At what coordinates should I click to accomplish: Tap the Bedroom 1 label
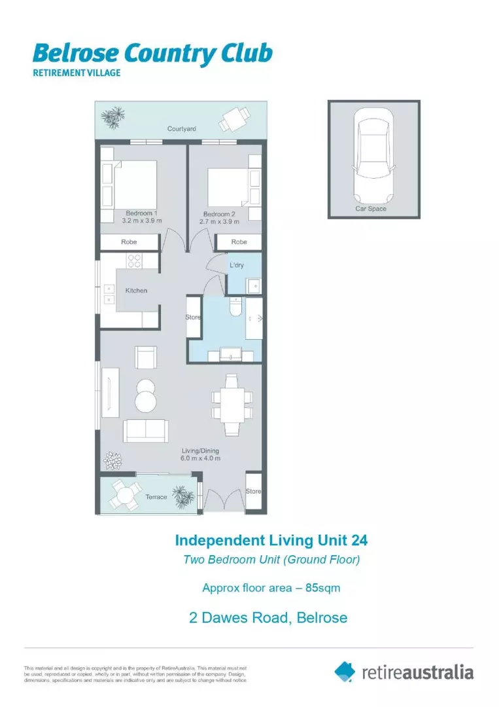[141, 213]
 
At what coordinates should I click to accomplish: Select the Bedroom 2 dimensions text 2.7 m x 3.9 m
[219, 221]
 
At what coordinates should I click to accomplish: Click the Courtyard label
[181, 129]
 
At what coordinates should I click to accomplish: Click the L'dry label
[237, 265]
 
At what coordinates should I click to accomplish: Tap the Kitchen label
[136, 291]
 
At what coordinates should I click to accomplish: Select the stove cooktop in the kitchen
[135, 261]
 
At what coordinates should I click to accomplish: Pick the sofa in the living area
[145, 430]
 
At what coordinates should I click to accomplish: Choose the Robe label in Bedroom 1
[129, 242]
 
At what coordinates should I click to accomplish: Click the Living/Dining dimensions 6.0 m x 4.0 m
[200, 458]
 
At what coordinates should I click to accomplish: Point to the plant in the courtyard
[113, 118]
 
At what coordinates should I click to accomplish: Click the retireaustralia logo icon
[345, 671]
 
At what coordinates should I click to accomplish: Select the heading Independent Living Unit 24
[271, 541]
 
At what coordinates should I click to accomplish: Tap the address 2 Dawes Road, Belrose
[268, 617]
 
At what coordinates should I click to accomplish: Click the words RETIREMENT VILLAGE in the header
[77, 73]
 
